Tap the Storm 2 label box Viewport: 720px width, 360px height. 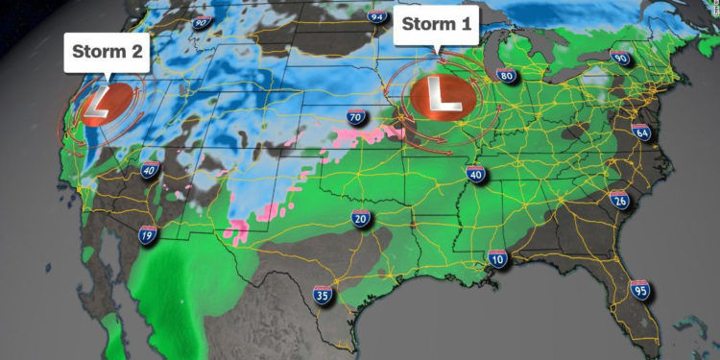(108, 53)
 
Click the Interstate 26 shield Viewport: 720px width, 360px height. (619, 199)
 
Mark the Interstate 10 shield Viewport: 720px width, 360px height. (496, 258)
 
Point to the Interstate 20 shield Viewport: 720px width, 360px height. (361, 220)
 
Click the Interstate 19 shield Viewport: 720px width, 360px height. (148, 234)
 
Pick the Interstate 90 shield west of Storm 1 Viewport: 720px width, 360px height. (202, 23)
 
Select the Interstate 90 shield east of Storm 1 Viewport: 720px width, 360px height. (619, 59)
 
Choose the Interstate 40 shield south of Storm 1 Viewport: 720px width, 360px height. (475, 173)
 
